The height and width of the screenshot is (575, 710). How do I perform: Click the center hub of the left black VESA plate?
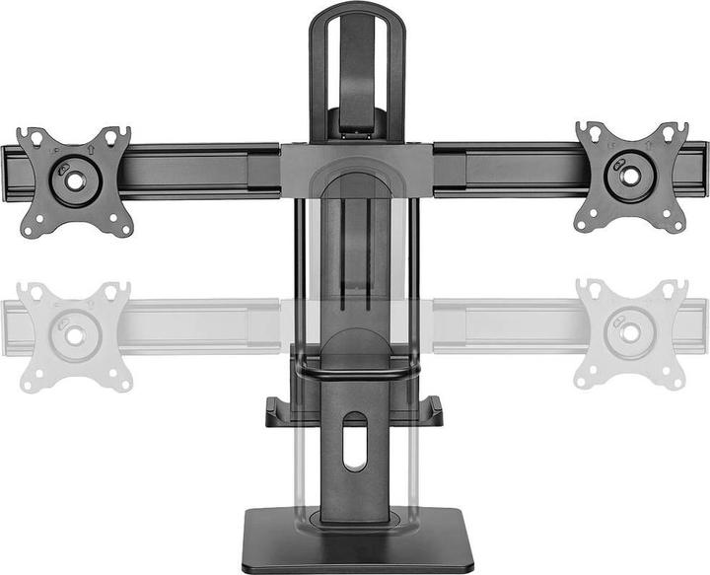tap(75, 180)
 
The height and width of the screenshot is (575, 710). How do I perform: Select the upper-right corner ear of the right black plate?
tap(679, 131)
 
